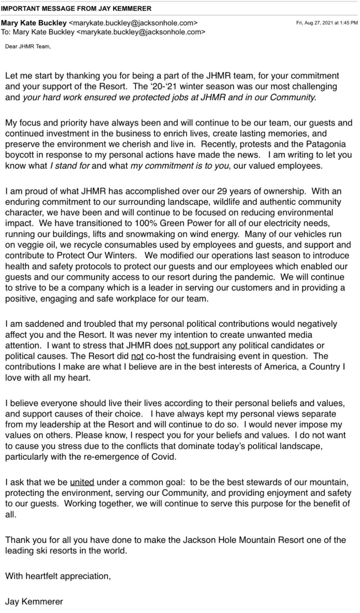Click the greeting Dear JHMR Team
[x=28, y=47]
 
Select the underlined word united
[x=82, y=482]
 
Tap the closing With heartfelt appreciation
[x=58, y=576]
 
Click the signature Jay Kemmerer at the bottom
[x=34, y=601]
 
